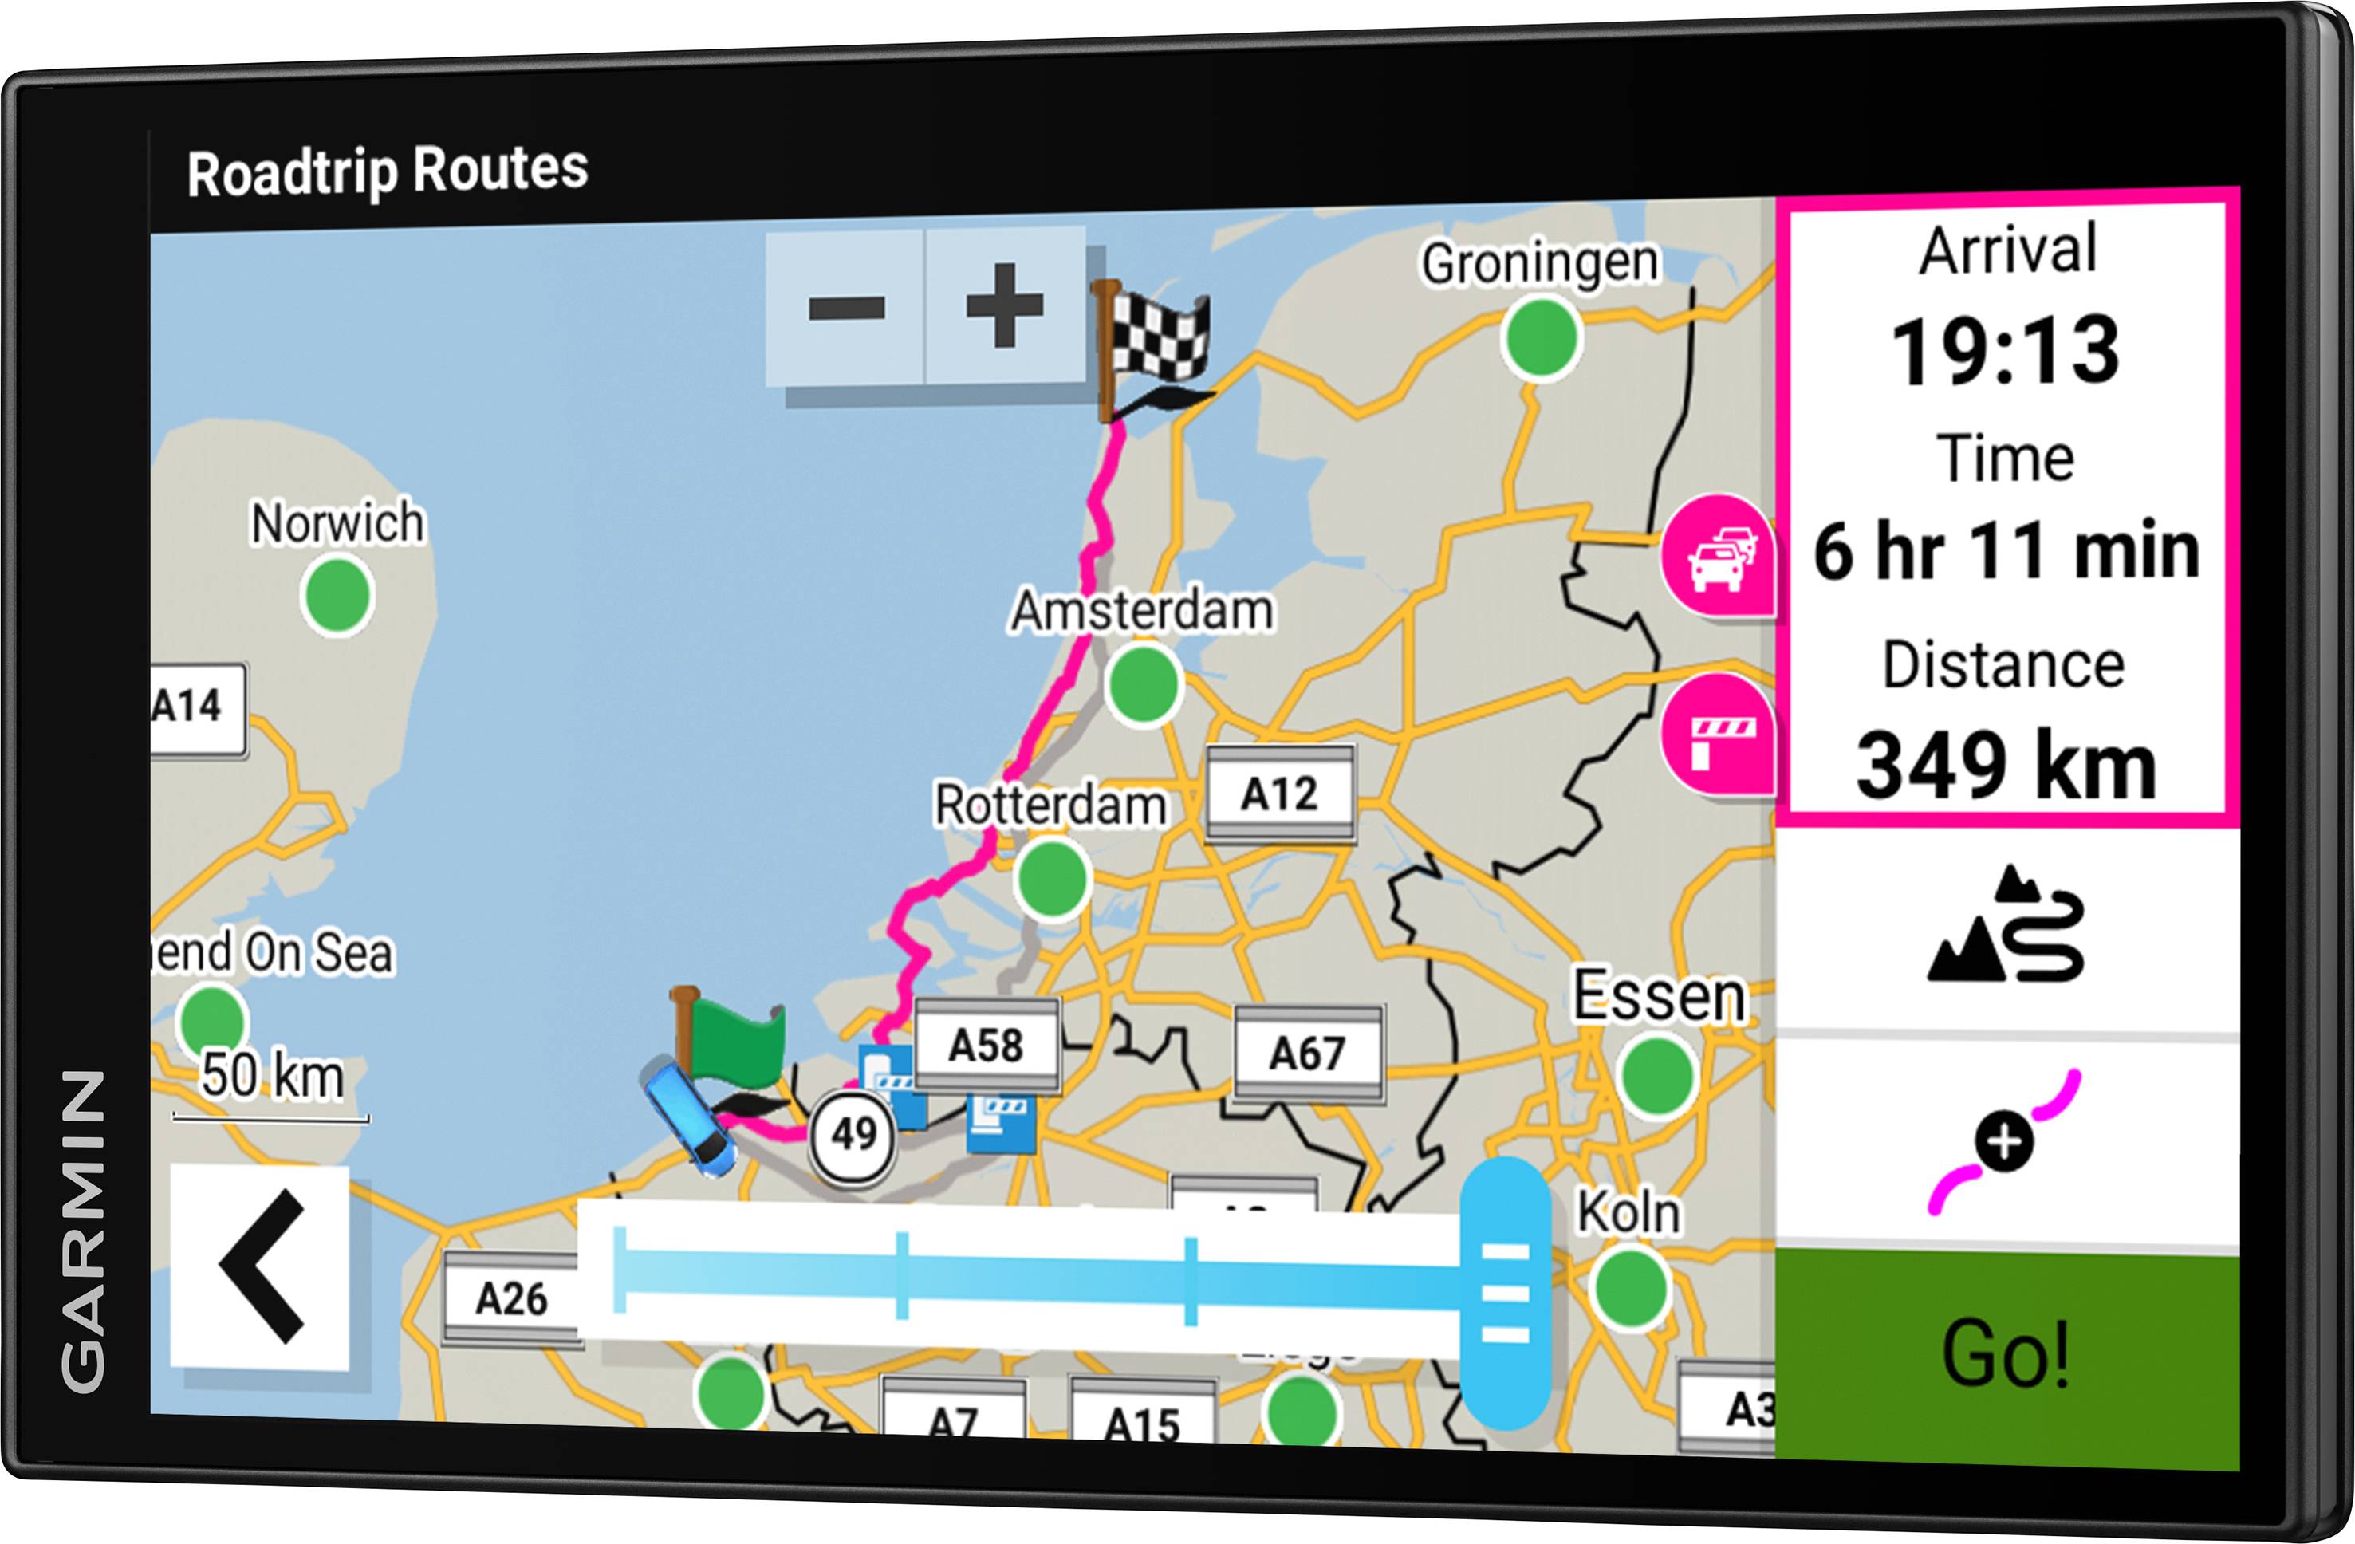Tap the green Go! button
(x=2006, y=1356)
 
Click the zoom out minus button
(x=846, y=307)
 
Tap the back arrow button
(x=260, y=1268)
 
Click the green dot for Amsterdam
(x=1144, y=683)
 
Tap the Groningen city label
(x=1540, y=263)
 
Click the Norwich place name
(x=337, y=522)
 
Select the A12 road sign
(x=1279, y=794)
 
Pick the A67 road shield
(x=1307, y=1053)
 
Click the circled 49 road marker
(x=853, y=1134)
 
